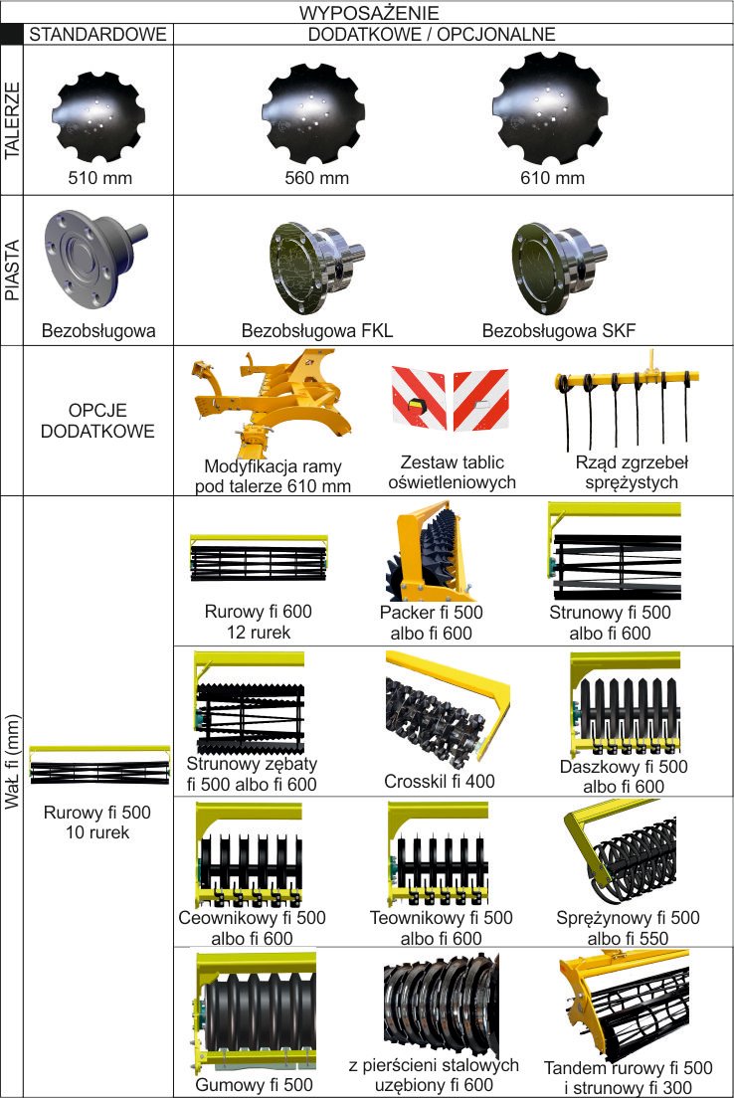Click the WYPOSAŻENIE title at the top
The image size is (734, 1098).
369,13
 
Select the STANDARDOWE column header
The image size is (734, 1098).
98,34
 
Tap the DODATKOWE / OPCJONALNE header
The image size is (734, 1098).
432,34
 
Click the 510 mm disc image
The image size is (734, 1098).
100,116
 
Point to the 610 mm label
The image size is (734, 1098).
552,178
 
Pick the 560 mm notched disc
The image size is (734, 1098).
315,114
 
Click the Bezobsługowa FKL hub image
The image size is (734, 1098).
316,268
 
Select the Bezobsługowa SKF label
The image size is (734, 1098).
559,330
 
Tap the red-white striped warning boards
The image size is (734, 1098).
450,397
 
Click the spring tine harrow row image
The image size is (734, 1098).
627,399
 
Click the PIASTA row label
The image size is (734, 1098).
12,271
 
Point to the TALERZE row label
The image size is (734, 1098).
12,120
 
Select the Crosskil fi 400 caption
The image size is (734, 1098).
440,782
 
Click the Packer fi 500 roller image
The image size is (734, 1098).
430,551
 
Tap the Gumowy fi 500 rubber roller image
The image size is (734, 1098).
253,1011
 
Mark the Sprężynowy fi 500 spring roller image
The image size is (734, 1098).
620,852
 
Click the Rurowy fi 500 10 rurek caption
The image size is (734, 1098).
97,823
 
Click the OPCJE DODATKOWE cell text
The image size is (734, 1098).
97,420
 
